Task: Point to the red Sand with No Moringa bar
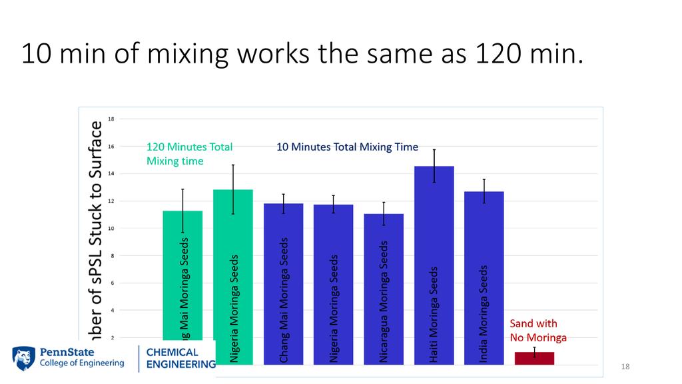pos(534,358)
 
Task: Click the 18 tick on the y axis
pos(111,119)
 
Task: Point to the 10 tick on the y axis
pos(111,229)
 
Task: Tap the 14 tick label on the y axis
pos(111,174)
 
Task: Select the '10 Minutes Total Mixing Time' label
pos(347,147)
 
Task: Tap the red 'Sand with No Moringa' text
pos(538,331)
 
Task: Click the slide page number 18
pos(625,367)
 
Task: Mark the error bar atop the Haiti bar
pos(434,165)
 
